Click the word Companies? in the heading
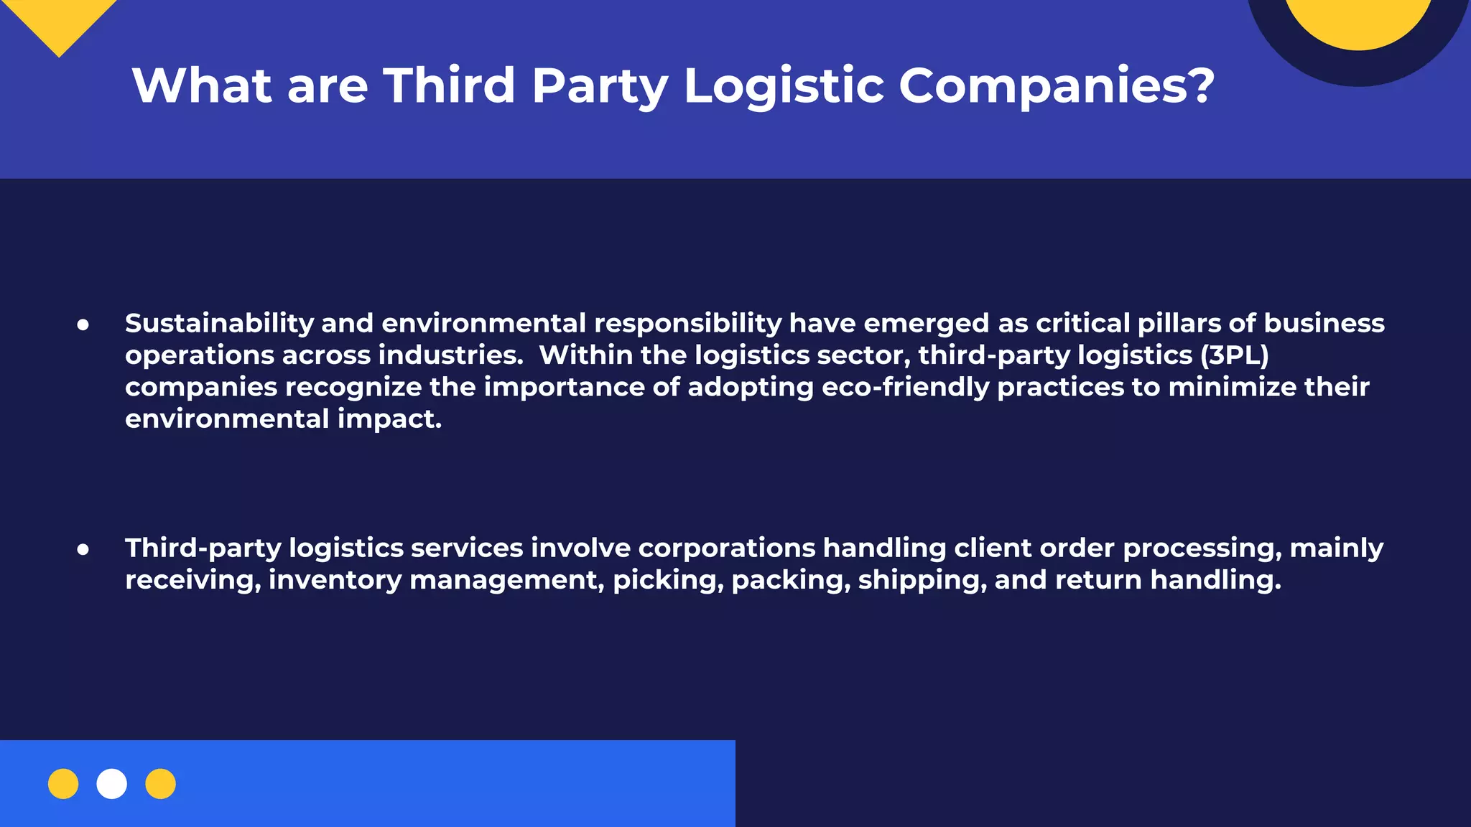click(x=1056, y=85)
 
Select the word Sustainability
click(x=219, y=324)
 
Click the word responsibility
click(x=687, y=324)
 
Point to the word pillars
click(x=1179, y=323)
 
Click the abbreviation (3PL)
click(x=1234, y=355)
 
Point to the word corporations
click(x=726, y=548)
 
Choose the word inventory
click(x=335, y=580)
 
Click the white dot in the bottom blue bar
click(x=112, y=784)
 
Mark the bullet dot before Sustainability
click(x=83, y=325)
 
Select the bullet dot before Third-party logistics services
click(x=83, y=550)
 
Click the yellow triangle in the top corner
click(x=60, y=22)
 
